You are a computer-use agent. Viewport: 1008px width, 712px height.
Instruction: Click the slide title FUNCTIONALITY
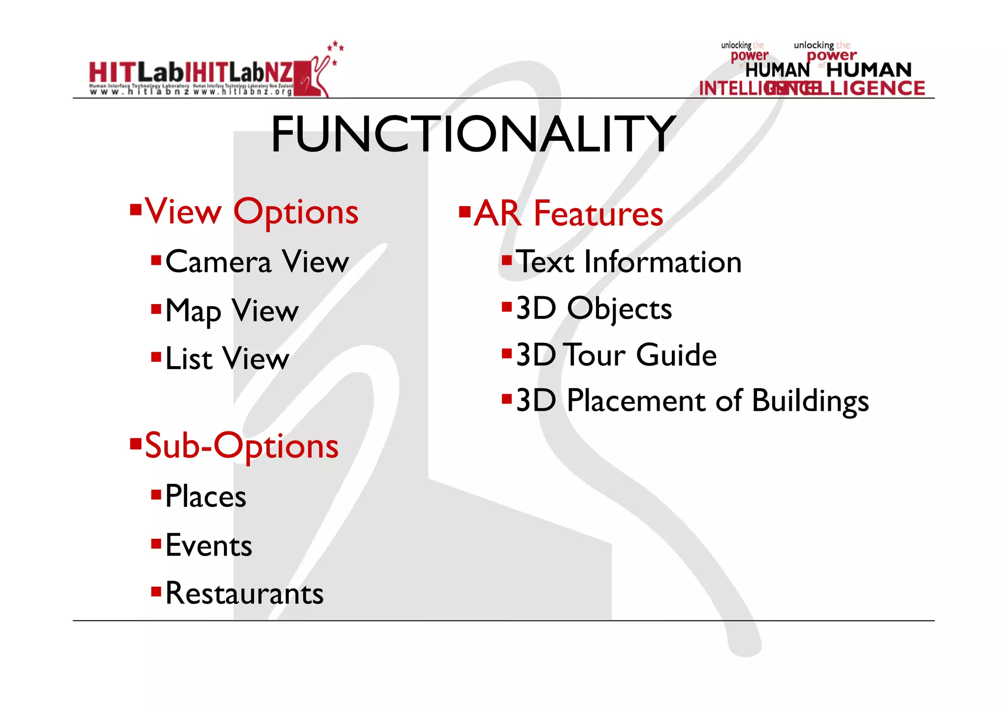pyautogui.click(x=473, y=134)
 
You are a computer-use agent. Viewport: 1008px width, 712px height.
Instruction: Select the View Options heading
pyautogui.click(x=251, y=212)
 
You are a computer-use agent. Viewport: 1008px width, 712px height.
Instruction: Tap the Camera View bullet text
pyautogui.click(x=257, y=261)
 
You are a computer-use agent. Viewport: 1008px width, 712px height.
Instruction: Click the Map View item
pyautogui.click(x=232, y=310)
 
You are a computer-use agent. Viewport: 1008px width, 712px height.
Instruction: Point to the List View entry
pyautogui.click(x=227, y=358)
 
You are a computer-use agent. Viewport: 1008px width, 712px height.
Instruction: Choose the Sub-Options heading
pyautogui.click(x=241, y=446)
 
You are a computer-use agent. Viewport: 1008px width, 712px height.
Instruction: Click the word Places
pyautogui.click(x=205, y=496)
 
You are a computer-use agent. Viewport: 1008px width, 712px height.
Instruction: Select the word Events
pyautogui.click(x=209, y=545)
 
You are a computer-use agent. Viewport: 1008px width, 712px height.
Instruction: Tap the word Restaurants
pyautogui.click(x=244, y=593)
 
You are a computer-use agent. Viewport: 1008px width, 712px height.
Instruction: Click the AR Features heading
pyautogui.click(x=568, y=214)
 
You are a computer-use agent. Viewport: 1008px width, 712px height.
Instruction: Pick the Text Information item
pyautogui.click(x=628, y=261)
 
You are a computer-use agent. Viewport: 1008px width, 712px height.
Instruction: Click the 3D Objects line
pyautogui.click(x=594, y=309)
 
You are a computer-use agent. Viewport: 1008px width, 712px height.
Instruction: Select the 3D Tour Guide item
pyautogui.click(x=616, y=355)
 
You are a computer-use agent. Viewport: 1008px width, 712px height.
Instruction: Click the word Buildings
pyautogui.click(x=810, y=401)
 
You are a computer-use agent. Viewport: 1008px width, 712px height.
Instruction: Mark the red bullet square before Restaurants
pyautogui.click(x=156, y=591)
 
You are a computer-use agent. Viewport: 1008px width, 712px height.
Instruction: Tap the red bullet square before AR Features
pyautogui.click(x=464, y=212)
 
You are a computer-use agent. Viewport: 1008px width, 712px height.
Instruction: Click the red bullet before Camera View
pyautogui.click(x=156, y=259)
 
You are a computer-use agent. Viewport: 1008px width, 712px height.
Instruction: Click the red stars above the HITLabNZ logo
pyautogui.click(x=336, y=47)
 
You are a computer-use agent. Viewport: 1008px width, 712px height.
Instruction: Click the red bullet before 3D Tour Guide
pyautogui.click(x=506, y=353)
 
